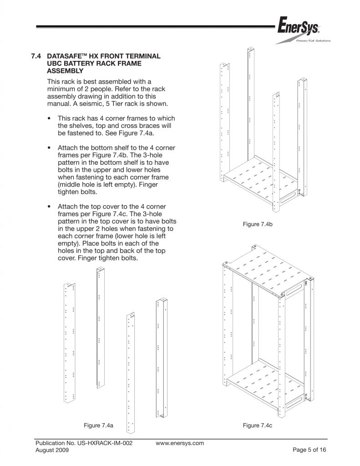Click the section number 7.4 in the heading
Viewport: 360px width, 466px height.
coord(36,56)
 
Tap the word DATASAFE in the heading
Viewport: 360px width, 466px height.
coord(64,56)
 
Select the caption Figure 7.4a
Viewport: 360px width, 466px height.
coord(98,425)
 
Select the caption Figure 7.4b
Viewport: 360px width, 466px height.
coord(257,224)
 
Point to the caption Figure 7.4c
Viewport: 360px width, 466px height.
coord(257,425)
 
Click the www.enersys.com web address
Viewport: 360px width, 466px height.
coord(180,443)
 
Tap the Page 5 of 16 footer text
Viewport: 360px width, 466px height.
coord(308,450)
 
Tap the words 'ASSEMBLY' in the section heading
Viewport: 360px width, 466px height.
coord(66,71)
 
